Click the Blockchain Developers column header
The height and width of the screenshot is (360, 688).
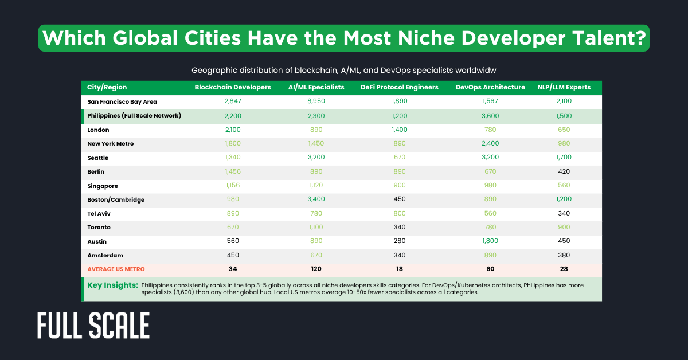232,87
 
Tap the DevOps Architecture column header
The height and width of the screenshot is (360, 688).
490,87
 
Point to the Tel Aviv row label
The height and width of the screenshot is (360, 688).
99,213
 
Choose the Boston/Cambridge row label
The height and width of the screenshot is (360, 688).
116,199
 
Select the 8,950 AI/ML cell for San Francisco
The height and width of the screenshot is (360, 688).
316,101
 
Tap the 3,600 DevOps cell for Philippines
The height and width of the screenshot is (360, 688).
490,115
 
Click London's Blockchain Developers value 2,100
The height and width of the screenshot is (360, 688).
233,130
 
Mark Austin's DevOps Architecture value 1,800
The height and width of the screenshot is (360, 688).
490,241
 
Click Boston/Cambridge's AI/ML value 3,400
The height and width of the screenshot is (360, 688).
316,199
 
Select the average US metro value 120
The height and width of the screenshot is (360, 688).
316,269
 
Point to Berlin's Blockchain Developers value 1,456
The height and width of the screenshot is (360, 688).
233,171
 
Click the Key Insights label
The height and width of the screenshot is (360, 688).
112,285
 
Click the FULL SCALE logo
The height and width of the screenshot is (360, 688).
93,325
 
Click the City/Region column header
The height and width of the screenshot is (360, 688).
107,87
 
